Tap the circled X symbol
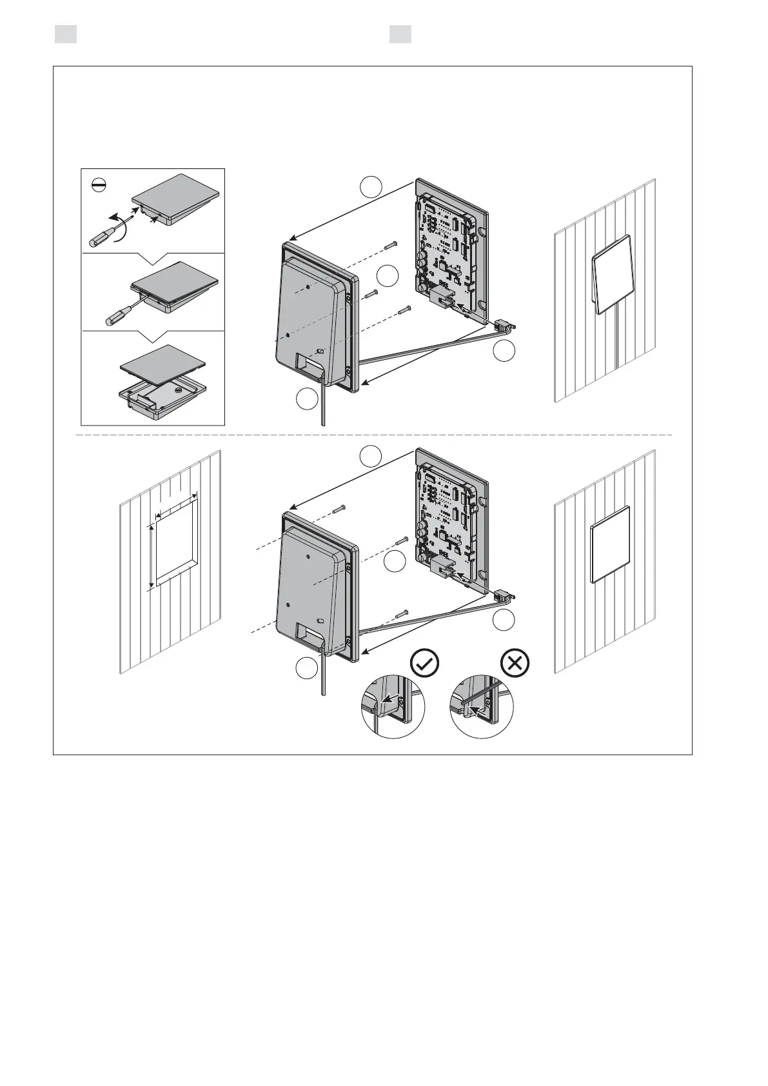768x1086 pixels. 515,662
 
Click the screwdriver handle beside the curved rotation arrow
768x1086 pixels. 99,237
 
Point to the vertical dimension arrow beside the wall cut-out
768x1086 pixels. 152,557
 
